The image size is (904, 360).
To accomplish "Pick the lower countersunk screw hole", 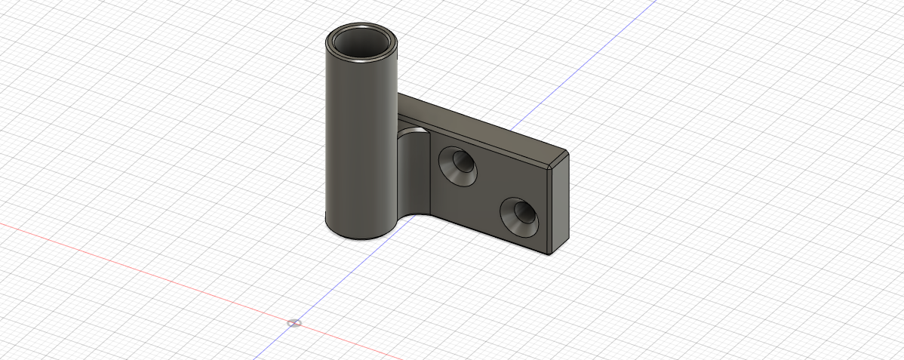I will click(x=520, y=216).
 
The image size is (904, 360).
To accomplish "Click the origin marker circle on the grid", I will click(x=294, y=323).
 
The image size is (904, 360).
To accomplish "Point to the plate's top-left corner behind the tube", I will click(x=401, y=95).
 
